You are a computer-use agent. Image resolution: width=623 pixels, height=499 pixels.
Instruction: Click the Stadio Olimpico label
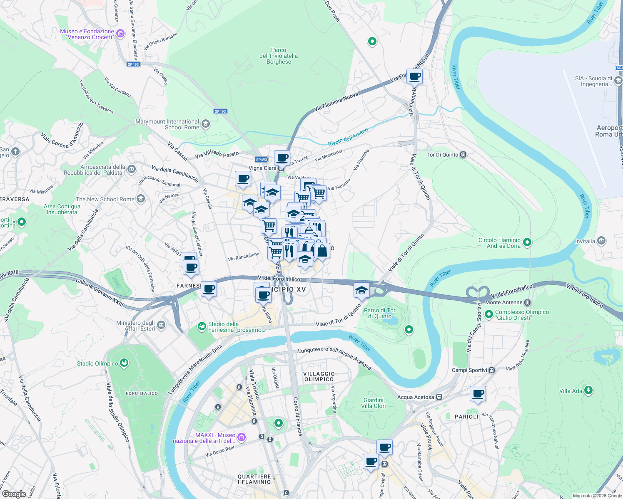97,363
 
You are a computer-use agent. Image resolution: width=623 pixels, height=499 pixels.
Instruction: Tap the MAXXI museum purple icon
242,437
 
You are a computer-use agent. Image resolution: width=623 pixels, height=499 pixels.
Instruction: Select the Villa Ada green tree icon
588,390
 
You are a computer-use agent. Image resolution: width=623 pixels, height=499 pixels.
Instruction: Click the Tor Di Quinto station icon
464,155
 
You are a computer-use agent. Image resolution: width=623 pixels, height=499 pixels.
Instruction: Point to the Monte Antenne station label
503,302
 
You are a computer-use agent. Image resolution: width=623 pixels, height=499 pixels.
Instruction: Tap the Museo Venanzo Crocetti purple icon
120,34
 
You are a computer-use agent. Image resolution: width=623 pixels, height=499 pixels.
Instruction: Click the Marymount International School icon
205,124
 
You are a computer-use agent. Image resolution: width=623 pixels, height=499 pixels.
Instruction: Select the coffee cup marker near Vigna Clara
282,158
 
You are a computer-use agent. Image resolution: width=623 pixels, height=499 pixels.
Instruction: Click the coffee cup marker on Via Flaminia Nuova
415,77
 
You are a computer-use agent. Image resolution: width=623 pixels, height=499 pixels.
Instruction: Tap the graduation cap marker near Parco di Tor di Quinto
361,290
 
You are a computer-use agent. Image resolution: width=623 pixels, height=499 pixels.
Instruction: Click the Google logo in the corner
14,494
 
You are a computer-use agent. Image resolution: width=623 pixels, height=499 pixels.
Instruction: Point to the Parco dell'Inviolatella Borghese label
279,56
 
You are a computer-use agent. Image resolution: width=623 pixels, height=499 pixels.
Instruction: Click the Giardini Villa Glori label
373,403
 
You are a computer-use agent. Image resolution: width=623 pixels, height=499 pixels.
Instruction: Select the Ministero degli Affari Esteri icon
161,325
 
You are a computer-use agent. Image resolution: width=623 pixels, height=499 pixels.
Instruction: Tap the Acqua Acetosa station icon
439,397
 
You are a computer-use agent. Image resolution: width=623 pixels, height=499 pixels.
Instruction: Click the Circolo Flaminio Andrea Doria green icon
527,242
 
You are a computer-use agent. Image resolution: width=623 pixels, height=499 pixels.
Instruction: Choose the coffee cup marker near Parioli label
478,393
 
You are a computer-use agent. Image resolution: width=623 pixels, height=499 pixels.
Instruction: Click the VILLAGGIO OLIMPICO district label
319,376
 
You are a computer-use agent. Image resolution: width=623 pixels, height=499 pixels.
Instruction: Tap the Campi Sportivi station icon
492,370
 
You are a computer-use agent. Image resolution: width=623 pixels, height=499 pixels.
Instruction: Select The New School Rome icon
141,199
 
